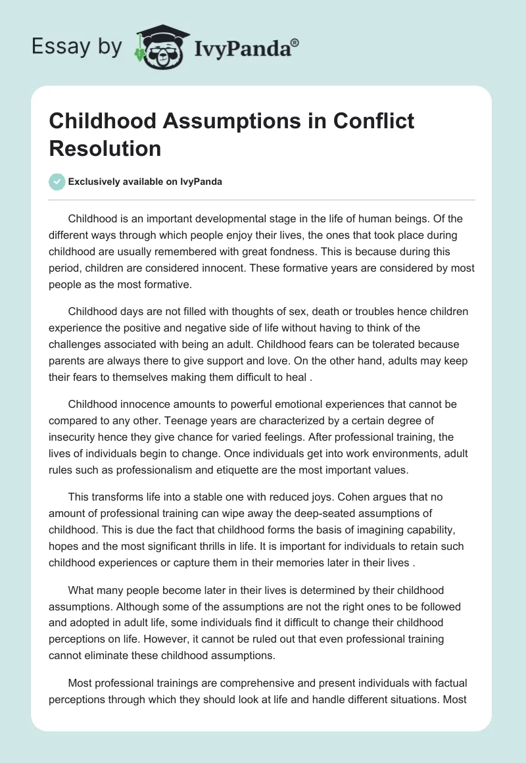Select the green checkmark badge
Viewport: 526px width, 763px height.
click(58, 182)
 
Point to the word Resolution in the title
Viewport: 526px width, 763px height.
click(105, 148)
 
